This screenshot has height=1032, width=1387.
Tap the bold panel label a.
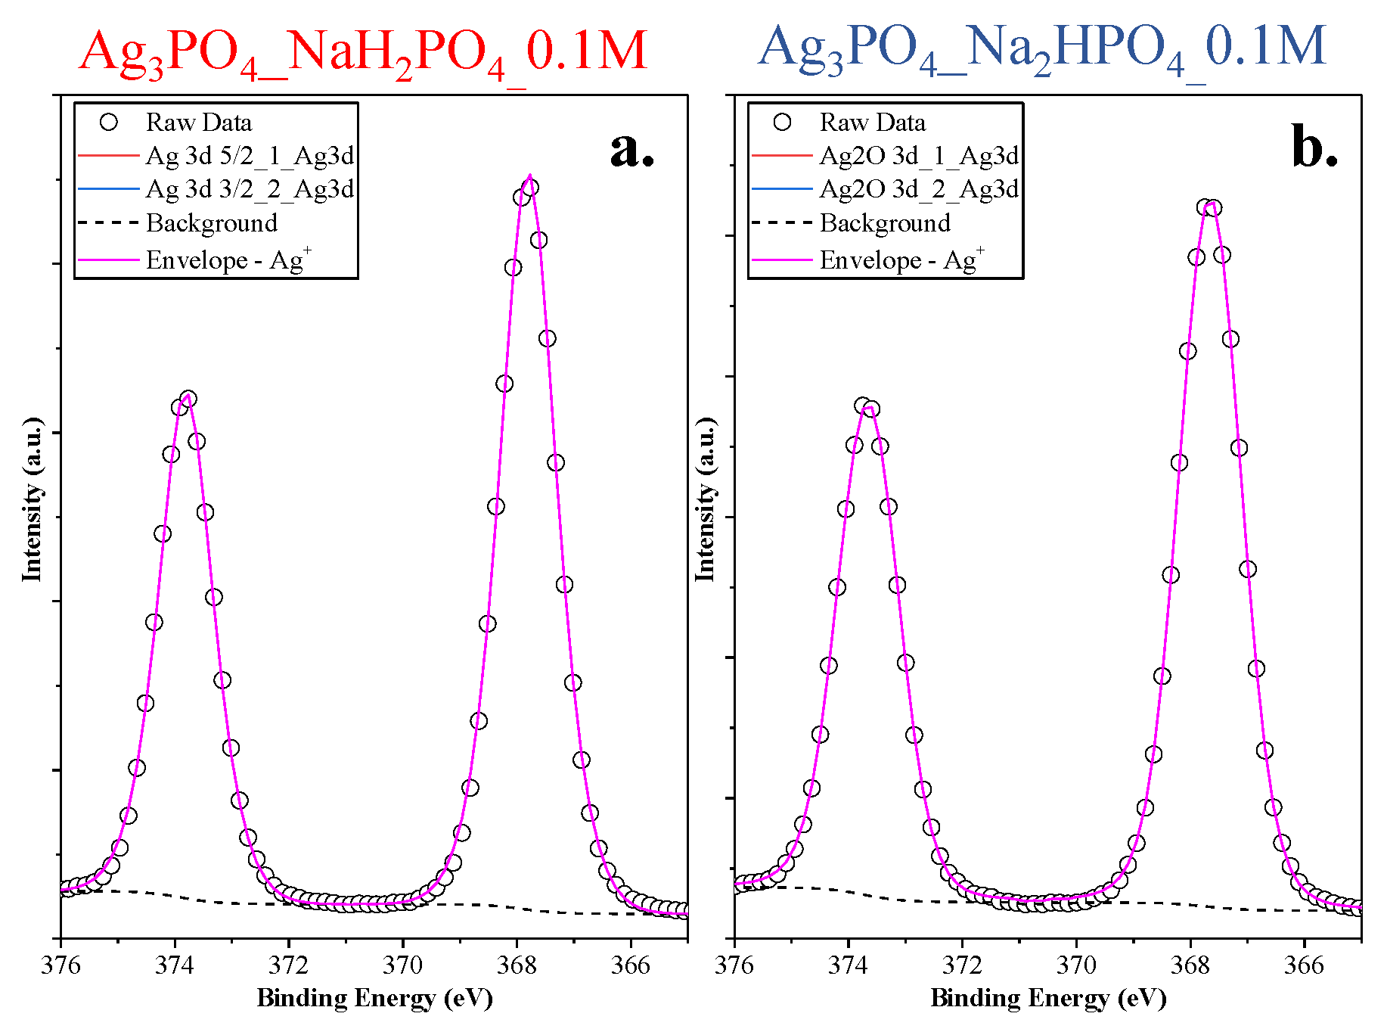click(x=631, y=149)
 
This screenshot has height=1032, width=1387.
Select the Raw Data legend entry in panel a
click(x=198, y=123)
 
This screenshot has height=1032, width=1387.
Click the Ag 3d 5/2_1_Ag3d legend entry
click(x=250, y=156)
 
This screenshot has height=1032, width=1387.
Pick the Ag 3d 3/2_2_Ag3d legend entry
click(x=250, y=189)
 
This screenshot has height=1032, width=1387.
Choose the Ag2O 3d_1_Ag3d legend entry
click(x=919, y=156)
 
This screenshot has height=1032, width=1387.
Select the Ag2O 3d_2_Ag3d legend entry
click(x=919, y=189)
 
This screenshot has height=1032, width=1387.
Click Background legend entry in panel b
click(x=885, y=223)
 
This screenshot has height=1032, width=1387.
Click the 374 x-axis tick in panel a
click(x=175, y=965)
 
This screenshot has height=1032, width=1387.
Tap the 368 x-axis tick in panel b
click(x=1190, y=965)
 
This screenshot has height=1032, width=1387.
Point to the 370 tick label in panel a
click(x=403, y=965)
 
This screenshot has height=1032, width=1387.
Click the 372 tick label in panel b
click(x=962, y=965)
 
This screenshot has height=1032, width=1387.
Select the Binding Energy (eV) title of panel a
click(x=374, y=999)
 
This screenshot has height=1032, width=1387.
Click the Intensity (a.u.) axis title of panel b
click(x=705, y=499)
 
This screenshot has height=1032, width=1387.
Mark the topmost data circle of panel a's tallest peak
click(x=530, y=188)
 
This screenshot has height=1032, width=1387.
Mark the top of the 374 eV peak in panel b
click(x=863, y=406)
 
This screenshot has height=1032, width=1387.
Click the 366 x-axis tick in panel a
click(x=631, y=965)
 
